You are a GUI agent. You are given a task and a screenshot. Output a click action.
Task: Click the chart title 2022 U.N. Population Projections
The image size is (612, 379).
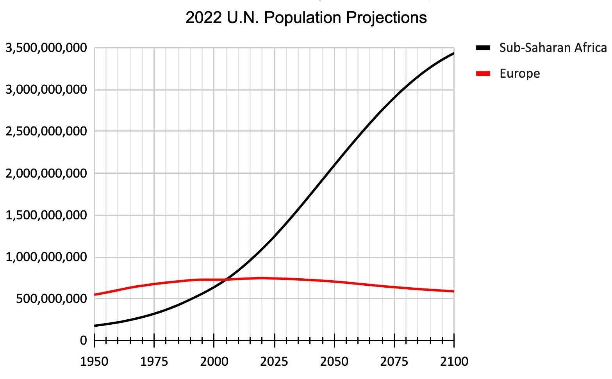tap(306, 18)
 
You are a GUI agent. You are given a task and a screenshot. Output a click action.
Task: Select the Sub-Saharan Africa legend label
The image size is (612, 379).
tap(553, 48)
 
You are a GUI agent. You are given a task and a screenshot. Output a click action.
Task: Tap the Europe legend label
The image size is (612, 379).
tap(519, 73)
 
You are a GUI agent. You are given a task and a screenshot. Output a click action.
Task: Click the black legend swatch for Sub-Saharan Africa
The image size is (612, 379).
tap(483, 48)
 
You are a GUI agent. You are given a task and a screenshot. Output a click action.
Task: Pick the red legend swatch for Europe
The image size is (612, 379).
tap(483, 73)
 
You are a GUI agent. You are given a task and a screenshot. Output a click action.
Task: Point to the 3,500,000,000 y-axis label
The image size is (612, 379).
tap(46, 48)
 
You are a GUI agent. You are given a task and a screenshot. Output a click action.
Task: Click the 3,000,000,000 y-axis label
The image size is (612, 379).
tap(46, 90)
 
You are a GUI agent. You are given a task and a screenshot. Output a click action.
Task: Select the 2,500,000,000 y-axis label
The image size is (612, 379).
tap(46, 131)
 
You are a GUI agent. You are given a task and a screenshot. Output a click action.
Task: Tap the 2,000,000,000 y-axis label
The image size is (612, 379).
tap(46, 173)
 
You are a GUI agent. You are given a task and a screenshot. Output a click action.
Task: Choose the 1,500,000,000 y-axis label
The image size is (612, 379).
tap(46, 215)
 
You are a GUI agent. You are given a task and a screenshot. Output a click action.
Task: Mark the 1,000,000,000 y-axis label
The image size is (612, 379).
tap(46, 257)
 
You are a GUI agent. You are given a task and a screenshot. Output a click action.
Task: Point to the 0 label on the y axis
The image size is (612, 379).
tap(83, 341)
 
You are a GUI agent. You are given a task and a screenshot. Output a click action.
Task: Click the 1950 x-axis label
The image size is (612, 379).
tap(94, 361)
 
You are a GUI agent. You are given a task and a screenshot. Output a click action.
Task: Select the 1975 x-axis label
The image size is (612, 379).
tap(154, 361)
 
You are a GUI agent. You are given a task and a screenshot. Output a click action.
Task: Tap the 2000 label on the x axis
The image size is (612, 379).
tap(214, 361)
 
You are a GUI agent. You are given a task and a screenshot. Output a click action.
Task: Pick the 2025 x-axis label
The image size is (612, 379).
tap(275, 361)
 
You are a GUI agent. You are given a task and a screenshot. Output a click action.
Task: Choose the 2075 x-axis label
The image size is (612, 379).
tap(394, 361)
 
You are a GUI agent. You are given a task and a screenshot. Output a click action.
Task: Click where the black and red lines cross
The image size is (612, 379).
tap(226, 279)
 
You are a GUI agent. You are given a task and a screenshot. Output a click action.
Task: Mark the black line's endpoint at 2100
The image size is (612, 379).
tap(454, 53)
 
